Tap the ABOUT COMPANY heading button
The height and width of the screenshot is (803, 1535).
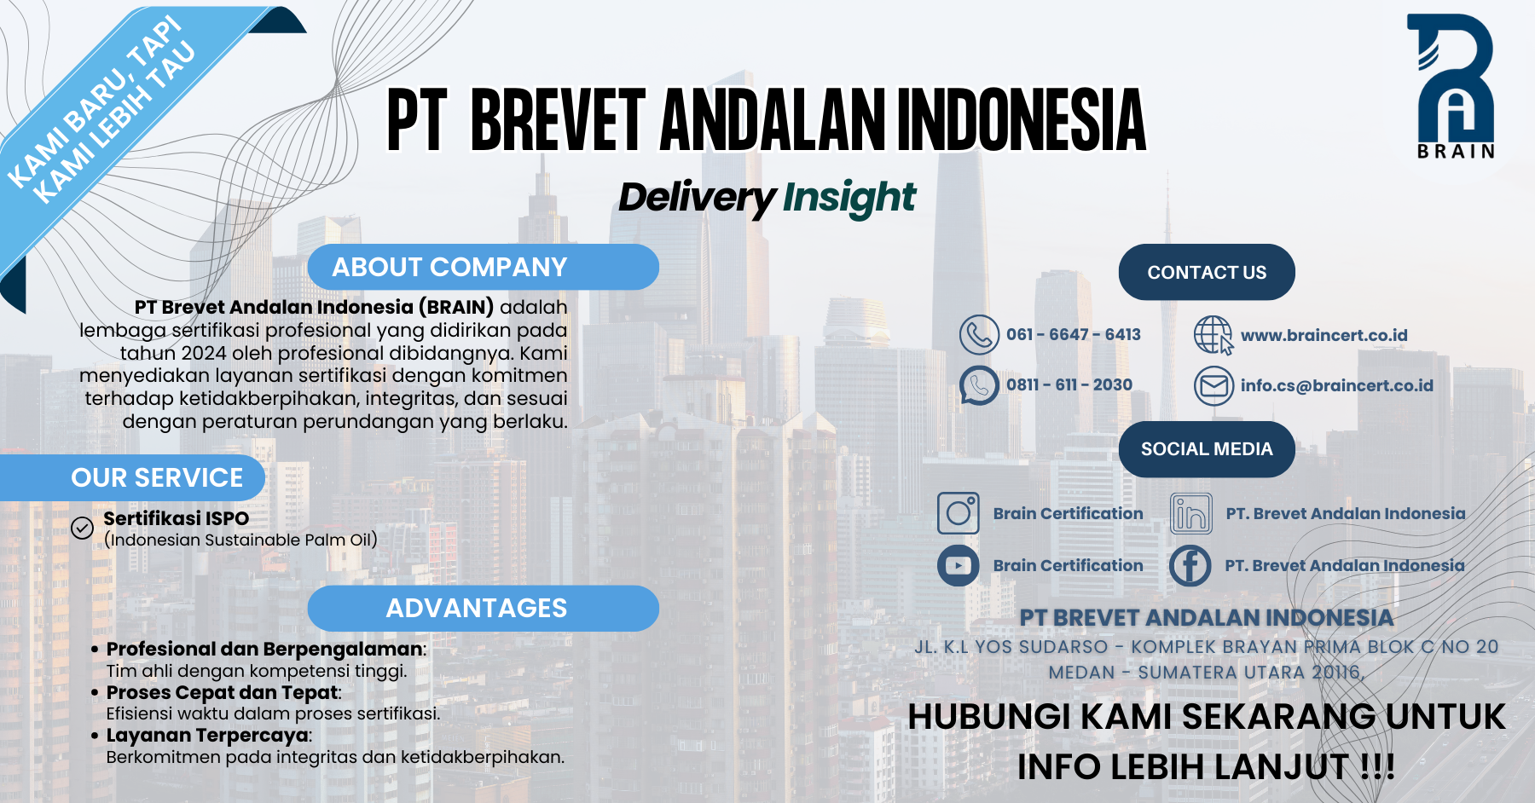point(483,267)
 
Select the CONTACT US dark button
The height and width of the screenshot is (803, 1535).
point(1207,272)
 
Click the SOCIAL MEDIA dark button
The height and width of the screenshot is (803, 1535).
point(1207,449)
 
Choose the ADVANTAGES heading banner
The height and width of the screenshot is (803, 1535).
point(483,608)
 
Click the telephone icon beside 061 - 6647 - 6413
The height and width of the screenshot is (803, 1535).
point(979,335)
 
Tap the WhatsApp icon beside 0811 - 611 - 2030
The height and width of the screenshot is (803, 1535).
point(979,385)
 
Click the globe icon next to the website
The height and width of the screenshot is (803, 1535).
point(1214,335)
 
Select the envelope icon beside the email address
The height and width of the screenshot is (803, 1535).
point(1214,385)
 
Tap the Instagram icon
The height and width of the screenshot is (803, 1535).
point(958,513)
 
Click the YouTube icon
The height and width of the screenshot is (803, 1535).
point(958,565)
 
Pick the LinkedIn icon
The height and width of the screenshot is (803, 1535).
point(1190,513)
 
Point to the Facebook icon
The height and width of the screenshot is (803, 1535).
point(1190,565)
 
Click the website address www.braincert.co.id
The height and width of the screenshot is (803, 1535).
point(1324,335)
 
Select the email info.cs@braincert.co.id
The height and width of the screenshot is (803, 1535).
point(1337,385)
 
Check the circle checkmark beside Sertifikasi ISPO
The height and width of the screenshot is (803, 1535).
point(82,529)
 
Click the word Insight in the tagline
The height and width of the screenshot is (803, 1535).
point(849,198)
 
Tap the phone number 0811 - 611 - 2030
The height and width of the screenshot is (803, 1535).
point(1069,384)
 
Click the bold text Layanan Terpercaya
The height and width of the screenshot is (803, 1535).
point(207,735)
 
